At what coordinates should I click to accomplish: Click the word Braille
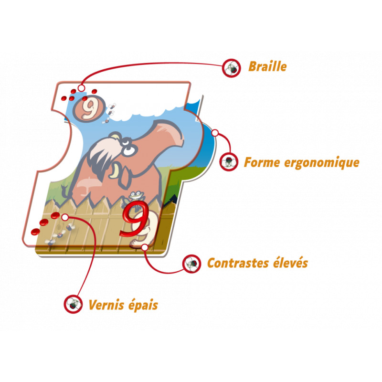pyautogui.click(x=267, y=66)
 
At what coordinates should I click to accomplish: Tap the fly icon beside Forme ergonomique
pyautogui.click(x=229, y=162)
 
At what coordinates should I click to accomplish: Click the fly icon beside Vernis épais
pyautogui.click(x=73, y=304)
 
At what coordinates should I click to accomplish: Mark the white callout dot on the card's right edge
pyautogui.click(x=215, y=132)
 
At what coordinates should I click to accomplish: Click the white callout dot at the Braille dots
pyautogui.click(x=81, y=88)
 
